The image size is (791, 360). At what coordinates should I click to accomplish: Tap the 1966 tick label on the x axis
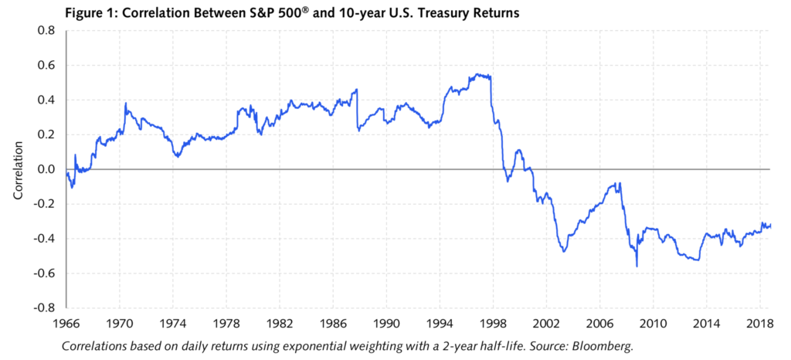pos(66,321)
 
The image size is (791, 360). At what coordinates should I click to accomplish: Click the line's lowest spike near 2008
pos(637,267)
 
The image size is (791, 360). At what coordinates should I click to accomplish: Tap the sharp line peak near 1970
pos(125,103)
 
